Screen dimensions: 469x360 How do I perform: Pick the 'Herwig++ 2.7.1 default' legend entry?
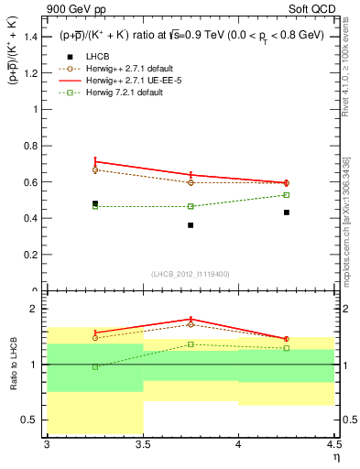137,68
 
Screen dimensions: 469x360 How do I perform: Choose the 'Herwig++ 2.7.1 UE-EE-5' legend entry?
138,80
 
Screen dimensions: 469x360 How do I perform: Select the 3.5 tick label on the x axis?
142,443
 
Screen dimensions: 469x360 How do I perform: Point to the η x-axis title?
336,456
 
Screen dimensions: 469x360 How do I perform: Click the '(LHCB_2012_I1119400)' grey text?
190,274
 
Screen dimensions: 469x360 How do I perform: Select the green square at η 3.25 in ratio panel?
95,366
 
